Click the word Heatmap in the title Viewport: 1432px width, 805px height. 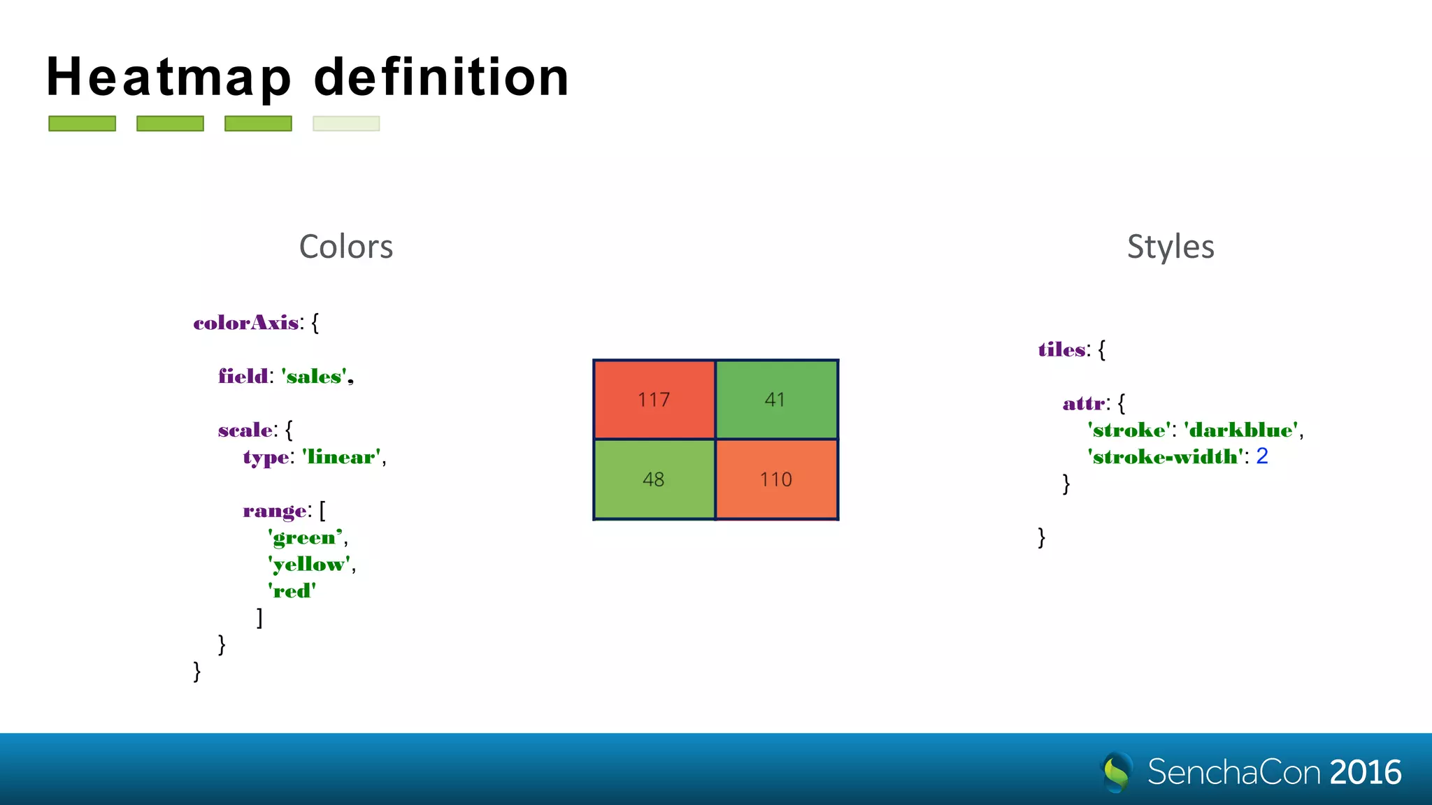[x=169, y=78]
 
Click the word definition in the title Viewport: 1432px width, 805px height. [x=442, y=77]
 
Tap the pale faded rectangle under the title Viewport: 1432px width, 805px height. [x=346, y=124]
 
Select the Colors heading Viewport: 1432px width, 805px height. [x=346, y=247]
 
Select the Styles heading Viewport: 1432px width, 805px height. [x=1170, y=247]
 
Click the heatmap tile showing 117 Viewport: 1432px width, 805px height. [x=654, y=400]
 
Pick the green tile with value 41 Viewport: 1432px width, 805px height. [x=776, y=400]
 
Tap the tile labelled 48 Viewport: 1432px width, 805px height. [x=654, y=479]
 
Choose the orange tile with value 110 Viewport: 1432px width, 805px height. [x=776, y=479]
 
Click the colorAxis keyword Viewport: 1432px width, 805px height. [x=246, y=323]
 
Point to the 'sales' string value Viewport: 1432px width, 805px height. [x=315, y=377]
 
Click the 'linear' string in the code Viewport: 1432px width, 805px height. [x=342, y=457]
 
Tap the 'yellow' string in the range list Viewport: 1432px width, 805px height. [x=310, y=565]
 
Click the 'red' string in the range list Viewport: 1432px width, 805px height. [x=292, y=591]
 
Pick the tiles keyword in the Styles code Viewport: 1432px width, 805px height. [x=1062, y=349]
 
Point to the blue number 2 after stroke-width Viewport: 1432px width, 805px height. [x=1262, y=456]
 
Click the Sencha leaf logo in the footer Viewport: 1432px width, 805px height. [x=1117, y=771]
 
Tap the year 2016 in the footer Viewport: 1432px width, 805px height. [x=1366, y=772]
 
